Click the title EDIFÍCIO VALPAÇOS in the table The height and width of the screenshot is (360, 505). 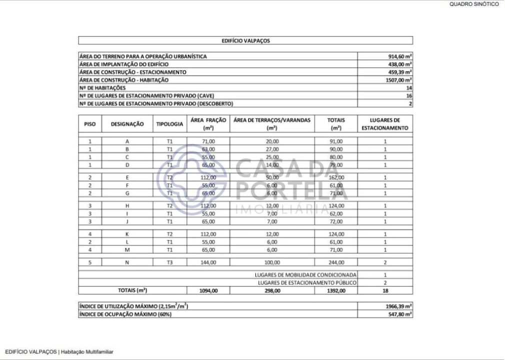[x=245, y=41]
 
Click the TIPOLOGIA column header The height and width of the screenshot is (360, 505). [x=169, y=123]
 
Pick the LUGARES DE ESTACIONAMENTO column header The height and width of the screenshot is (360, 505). [x=385, y=123]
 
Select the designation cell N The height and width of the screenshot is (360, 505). [x=127, y=262]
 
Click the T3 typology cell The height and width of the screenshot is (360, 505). [x=169, y=262]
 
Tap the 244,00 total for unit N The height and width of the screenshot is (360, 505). [x=335, y=262]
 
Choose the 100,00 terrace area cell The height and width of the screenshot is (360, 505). [x=272, y=262]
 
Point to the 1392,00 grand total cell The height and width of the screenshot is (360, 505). [x=335, y=289]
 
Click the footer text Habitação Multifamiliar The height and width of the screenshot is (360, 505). [x=87, y=351]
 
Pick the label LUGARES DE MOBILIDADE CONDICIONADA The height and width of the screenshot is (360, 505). [x=305, y=274]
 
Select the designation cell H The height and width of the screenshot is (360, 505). [x=127, y=205]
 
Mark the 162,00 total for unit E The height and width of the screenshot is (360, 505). [x=335, y=177]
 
